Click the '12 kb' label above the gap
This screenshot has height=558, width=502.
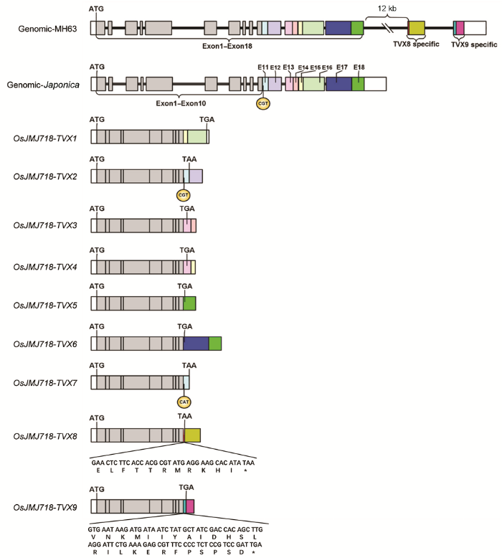(x=387, y=8)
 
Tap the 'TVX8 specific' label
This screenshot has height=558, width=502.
(x=416, y=44)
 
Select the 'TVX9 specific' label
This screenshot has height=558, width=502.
(x=474, y=44)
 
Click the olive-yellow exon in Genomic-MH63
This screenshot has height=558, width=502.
(x=417, y=28)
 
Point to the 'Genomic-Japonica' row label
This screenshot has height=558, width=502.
(x=43, y=85)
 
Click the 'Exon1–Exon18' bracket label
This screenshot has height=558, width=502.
(x=227, y=46)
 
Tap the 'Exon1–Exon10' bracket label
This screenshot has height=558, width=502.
(x=181, y=103)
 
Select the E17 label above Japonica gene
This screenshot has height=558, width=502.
(x=342, y=67)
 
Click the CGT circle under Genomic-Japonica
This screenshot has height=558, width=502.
(x=263, y=103)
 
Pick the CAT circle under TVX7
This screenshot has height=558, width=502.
(x=184, y=402)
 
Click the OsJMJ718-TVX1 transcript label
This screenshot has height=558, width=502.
(x=45, y=138)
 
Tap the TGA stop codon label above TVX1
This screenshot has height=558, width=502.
(x=207, y=120)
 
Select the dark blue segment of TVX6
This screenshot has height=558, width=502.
(x=196, y=344)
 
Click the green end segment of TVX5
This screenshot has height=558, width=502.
(x=189, y=303)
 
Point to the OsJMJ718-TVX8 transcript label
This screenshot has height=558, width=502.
(x=45, y=436)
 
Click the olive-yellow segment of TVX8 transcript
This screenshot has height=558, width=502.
(x=192, y=435)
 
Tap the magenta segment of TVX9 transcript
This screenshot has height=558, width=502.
(x=190, y=506)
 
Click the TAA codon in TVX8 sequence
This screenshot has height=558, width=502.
(x=248, y=463)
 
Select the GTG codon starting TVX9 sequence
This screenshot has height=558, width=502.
(x=94, y=529)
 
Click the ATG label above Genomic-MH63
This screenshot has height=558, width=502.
(x=96, y=9)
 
